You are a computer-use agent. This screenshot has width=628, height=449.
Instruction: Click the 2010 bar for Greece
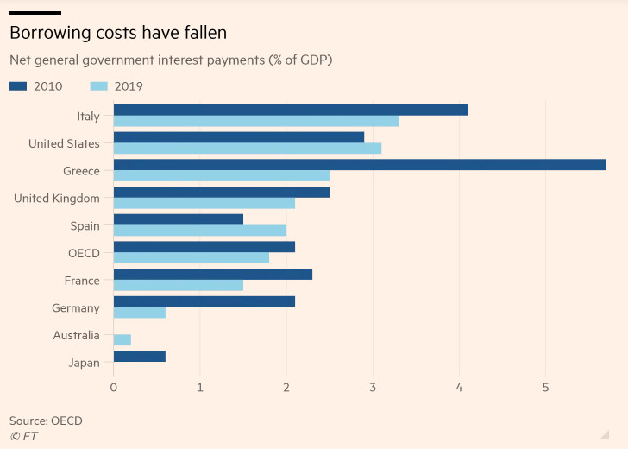coord(359,165)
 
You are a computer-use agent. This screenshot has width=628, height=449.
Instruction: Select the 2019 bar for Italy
coord(255,121)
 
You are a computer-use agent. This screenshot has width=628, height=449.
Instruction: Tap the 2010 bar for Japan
coord(139,357)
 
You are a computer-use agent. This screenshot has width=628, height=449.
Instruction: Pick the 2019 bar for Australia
coord(122,340)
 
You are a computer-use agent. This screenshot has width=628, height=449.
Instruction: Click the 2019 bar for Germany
coord(139,313)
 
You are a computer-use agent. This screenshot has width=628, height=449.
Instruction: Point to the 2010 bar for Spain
coord(178,219)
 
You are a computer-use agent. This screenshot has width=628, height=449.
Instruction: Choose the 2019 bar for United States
coord(247,149)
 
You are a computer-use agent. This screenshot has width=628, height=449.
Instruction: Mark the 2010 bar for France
coord(212,274)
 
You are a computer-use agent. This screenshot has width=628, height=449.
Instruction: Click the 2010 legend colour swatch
coord(19,86)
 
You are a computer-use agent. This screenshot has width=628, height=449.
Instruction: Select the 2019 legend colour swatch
coord(99,86)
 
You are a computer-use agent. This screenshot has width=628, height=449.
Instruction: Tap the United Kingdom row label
coord(57,199)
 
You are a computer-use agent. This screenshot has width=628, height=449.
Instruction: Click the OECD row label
coord(84,253)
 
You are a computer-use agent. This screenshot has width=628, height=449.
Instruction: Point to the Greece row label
coord(81,171)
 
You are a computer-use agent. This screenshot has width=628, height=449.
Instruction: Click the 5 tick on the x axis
coord(545,388)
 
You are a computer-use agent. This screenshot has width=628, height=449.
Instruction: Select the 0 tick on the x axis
coord(114,388)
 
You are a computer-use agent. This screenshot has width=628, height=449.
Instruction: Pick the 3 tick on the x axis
coord(373,388)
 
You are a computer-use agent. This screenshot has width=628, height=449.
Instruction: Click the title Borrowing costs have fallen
coord(118,34)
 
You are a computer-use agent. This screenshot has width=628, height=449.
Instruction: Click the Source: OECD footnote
coord(46,421)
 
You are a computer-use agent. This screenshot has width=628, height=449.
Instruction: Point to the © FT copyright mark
coord(23,436)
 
